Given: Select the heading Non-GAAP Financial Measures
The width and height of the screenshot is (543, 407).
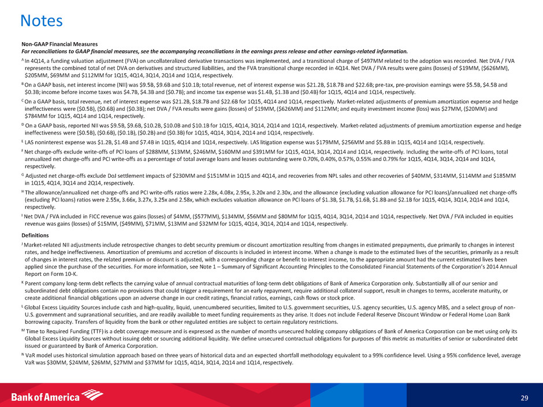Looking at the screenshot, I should pos(59,44).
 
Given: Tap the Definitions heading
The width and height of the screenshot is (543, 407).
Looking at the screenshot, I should pos(36,235).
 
